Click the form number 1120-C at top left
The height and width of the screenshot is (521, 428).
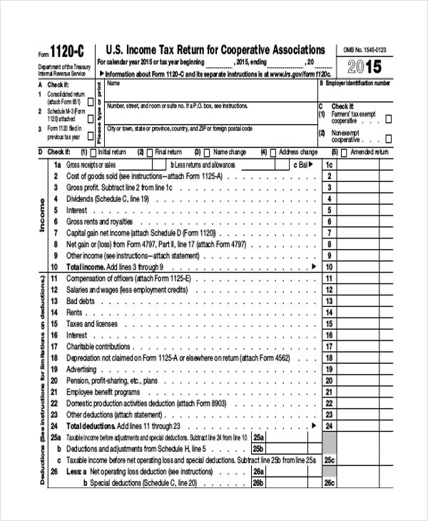pos(66,51)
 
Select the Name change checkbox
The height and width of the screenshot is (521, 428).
pos(206,152)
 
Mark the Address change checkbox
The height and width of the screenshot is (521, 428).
pos(273,152)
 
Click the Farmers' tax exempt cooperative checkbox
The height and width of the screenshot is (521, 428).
pos(388,119)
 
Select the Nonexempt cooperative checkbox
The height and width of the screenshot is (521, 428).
pos(388,138)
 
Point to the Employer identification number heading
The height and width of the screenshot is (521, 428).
pos(357,84)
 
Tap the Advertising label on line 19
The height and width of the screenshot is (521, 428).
pos(81,369)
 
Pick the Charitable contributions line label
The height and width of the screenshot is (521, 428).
pos(98,346)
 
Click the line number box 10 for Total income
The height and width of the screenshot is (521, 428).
pos(329,266)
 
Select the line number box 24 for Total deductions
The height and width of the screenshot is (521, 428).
pos(329,425)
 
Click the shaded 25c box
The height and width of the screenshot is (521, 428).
pos(329,461)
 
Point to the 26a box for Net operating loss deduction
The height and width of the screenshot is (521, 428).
pos(258,472)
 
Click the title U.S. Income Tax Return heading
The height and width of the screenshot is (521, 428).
pos(215,50)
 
